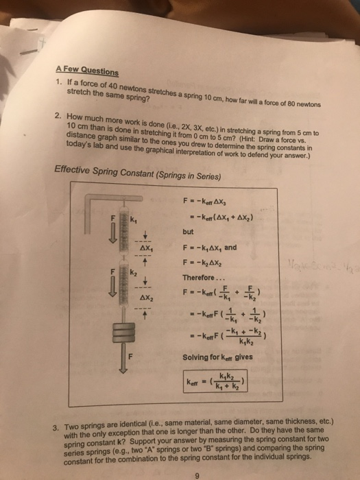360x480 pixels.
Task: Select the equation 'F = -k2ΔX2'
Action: tap(204, 263)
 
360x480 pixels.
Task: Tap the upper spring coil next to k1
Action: tap(124, 230)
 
